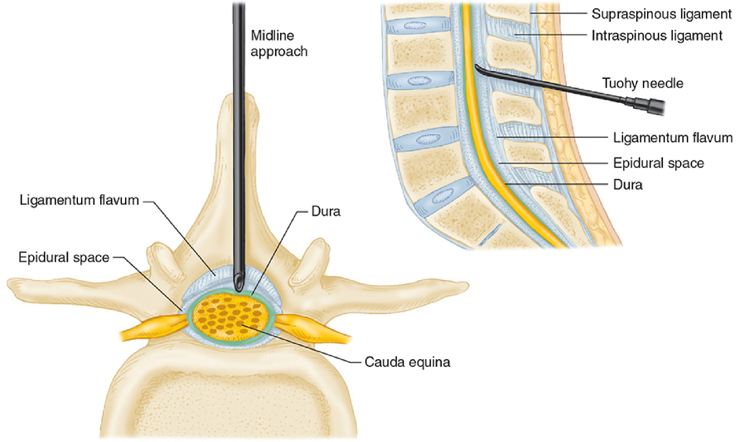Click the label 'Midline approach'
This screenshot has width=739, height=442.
(x=279, y=44)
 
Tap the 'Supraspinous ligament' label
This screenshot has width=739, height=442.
(x=662, y=14)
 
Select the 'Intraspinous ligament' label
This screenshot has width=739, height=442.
(x=657, y=36)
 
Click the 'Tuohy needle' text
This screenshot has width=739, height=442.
(x=643, y=83)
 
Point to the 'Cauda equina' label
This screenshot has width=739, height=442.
(x=407, y=362)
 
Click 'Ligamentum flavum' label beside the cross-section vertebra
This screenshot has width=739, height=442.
(x=79, y=200)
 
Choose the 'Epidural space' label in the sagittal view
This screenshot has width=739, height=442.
(x=658, y=163)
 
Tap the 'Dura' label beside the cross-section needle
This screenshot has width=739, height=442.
(x=326, y=211)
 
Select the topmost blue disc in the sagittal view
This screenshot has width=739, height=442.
(x=418, y=25)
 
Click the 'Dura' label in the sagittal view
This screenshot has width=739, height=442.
(x=628, y=185)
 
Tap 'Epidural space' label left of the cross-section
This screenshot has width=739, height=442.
(x=64, y=257)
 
